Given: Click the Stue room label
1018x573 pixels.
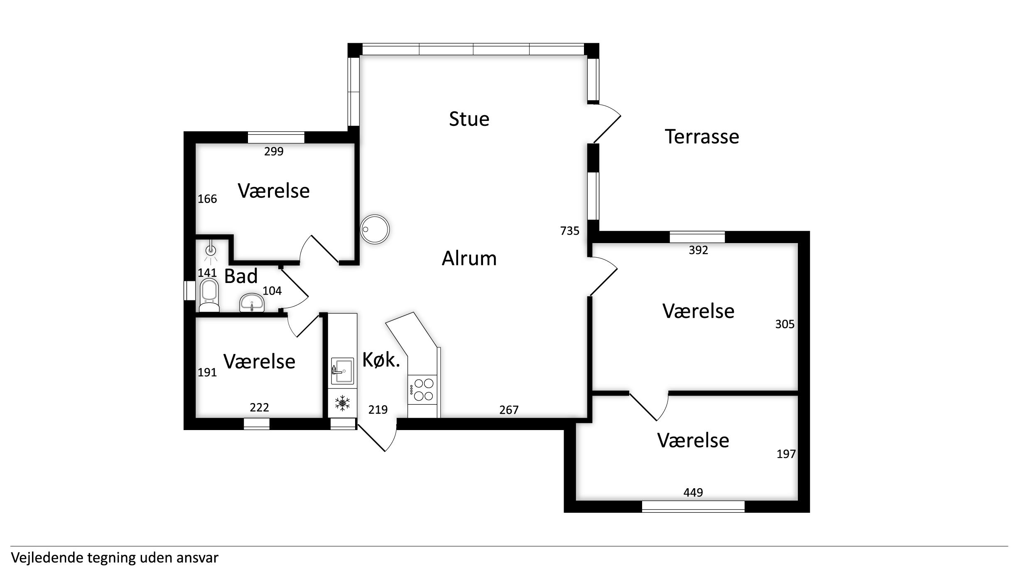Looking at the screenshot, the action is [x=469, y=119].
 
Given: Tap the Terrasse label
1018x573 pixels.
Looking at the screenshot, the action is [x=702, y=137].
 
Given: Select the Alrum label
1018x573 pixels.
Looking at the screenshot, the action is [x=469, y=258].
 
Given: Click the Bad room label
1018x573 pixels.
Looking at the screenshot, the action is [x=241, y=276].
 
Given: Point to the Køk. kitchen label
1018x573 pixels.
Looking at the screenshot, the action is [x=381, y=360].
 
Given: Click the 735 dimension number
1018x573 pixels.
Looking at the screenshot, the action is [x=569, y=231].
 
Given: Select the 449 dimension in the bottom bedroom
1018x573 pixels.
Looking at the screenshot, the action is [x=693, y=492].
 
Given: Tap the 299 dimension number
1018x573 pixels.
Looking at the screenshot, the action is [x=274, y=151].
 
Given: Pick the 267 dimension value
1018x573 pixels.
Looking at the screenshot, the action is [x=509, y=410].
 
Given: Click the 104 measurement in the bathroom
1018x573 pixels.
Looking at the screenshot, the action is [x=272, y=291].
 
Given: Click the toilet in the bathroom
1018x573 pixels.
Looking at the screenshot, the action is [x=209, y=295].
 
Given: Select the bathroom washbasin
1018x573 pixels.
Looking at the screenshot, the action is [x=252, y=302].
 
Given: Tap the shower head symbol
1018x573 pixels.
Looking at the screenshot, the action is [x=211, y=251].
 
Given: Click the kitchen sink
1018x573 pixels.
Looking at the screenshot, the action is [x=342, y=371].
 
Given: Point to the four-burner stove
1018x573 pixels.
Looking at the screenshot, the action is [x=423, y=389].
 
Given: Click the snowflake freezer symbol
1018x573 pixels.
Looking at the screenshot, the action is [x=342, y=403].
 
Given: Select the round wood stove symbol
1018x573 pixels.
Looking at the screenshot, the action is [x=375, y=229].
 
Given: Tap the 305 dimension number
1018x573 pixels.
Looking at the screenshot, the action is [x=785, y=324].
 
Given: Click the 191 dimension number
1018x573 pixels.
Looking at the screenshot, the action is [x=207, y=372].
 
